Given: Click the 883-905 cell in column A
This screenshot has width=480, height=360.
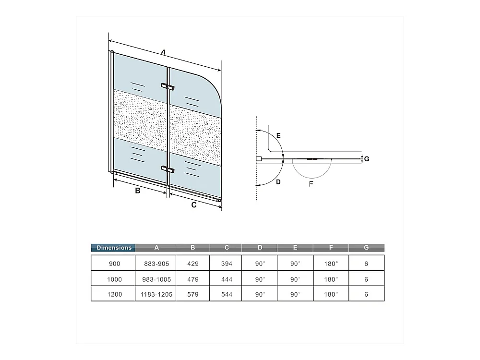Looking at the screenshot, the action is pyautogui.click(x=156, y=264).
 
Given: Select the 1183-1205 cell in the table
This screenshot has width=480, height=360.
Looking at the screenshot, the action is pyautogui.click(x=156, y=294).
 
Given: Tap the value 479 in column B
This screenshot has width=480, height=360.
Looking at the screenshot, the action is pyautogui.click(x=193, y=279).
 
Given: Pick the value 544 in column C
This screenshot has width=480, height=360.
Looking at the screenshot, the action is pyautogui.click(x=227, y=294).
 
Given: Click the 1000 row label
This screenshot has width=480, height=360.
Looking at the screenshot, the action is pyautogui.click(x=115, y=279).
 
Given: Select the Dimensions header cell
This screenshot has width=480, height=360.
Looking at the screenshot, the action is pyautogui.click(x=114, y=248).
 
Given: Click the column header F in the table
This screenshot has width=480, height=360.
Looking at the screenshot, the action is pyautogui.click(x=331, y=247).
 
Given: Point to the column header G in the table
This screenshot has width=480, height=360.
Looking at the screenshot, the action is pyautogui.click(x=366, y=247).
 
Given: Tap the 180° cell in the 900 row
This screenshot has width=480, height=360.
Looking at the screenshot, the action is pyautogui.click(x=331, y=264).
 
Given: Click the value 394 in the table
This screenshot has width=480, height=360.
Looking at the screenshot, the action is pyautogui.click(x=227, y=264).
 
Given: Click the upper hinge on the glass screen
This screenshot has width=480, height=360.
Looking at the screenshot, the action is pyautogui.click(x=168, y=87).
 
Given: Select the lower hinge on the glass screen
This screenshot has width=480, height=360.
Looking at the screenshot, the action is pyautogui.click(x=168, y=169).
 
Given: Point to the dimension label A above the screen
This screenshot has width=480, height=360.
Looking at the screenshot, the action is pyautogui.click(x=163, y=52).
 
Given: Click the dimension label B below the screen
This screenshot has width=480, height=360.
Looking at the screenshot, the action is pyautogui.click(x=138, y=191).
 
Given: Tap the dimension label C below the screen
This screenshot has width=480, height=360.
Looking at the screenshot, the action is pyautogui.click(x=194, y=205).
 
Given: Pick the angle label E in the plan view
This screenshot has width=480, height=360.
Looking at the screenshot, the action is pyautogui.click(x=278, y=135).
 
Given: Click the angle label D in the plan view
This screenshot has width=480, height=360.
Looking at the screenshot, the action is pyautogui.click(x=278, y=182).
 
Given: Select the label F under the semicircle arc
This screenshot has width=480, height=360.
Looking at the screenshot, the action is pyautogui.click(x=311, y=184).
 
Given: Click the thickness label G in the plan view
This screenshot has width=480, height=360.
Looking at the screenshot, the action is pyautogui.click(x=367, y=159).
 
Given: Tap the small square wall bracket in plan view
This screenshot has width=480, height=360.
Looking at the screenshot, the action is pyautogui.click(x=259, y=159).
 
